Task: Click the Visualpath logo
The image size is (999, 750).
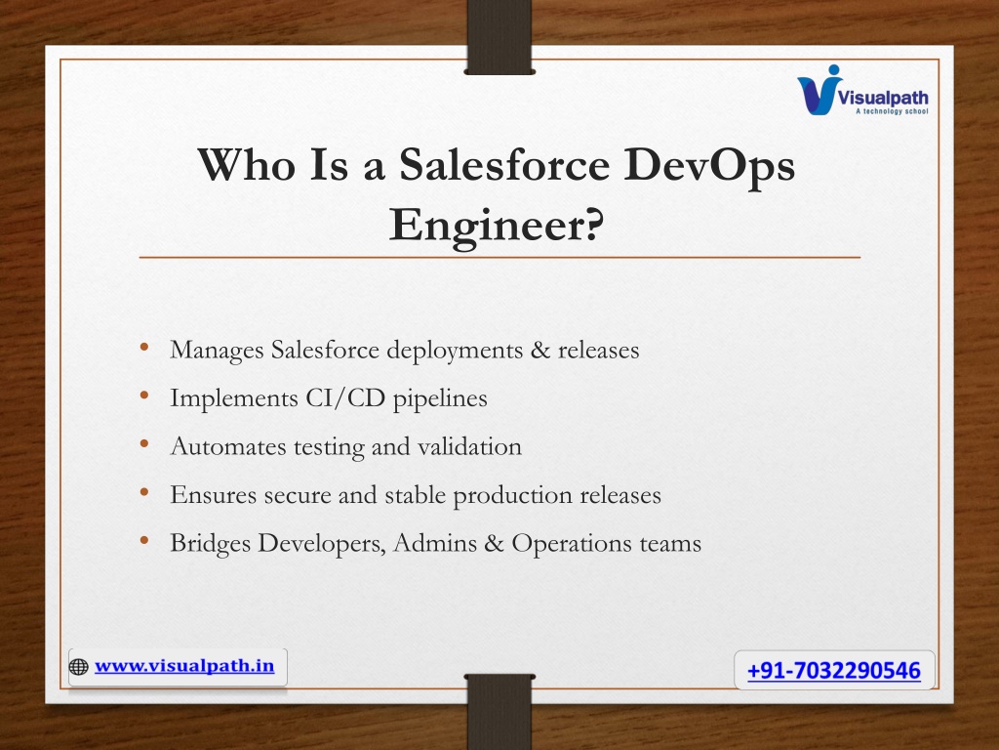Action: tap(862, 91)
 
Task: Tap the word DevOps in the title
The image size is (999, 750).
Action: tap(709, 166)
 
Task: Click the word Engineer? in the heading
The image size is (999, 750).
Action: tap(497, 226)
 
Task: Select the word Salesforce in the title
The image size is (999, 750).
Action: tap(504, 164)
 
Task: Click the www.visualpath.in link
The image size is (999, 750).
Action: tap(184, 666)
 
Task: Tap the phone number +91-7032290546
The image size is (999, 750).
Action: tap(834, 670)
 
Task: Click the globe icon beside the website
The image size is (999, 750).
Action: tap(78, 667)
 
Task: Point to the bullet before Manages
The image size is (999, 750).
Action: tap(144, 347)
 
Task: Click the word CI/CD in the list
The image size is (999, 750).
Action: tap(345, 398)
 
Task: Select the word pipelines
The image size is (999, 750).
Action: tap(440, 399)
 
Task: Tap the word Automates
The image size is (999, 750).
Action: tap(228, 446)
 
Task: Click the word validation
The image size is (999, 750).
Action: tap(469, 446)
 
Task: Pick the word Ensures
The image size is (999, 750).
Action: tap(213, 495)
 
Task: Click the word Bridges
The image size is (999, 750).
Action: tap(211, 544)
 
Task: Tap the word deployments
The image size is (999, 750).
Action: tap(455, 351)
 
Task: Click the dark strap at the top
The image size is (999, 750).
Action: tap(499, 37)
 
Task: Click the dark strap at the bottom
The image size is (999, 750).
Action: tap(499, 712)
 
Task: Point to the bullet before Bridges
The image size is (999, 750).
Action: tap(144, 541)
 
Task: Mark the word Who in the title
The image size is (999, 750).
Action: tap(247, 164)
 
